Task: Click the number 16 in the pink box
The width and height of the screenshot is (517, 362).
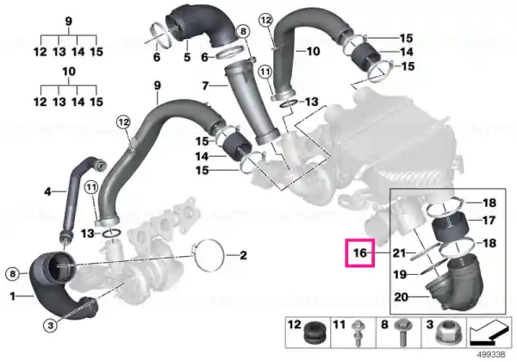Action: coord(359,253)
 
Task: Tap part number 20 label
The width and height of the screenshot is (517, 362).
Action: coord(401,297)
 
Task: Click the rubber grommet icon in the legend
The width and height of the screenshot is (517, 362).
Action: coord(315,333)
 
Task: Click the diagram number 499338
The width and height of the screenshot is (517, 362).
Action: coord(492,355)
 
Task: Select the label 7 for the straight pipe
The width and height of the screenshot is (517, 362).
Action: coord(205,85)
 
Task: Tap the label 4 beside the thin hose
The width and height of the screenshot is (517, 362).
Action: coord(47,191)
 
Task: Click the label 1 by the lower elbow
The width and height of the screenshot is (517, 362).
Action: coord(13,296)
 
